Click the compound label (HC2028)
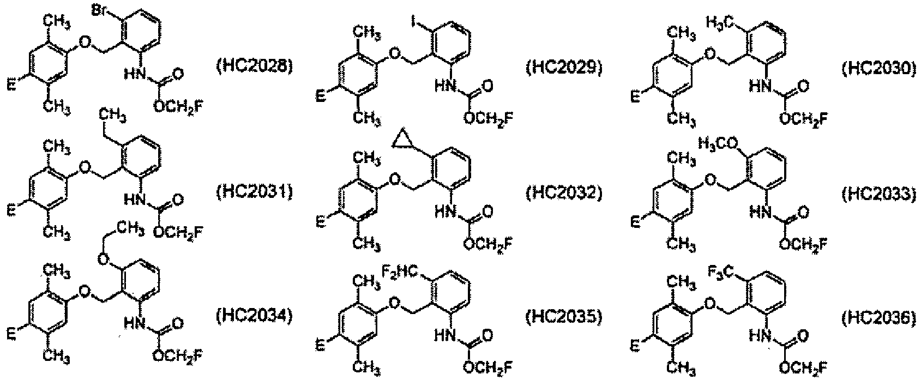[x=255, y=66]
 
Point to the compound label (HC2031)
[x=255, y=192]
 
